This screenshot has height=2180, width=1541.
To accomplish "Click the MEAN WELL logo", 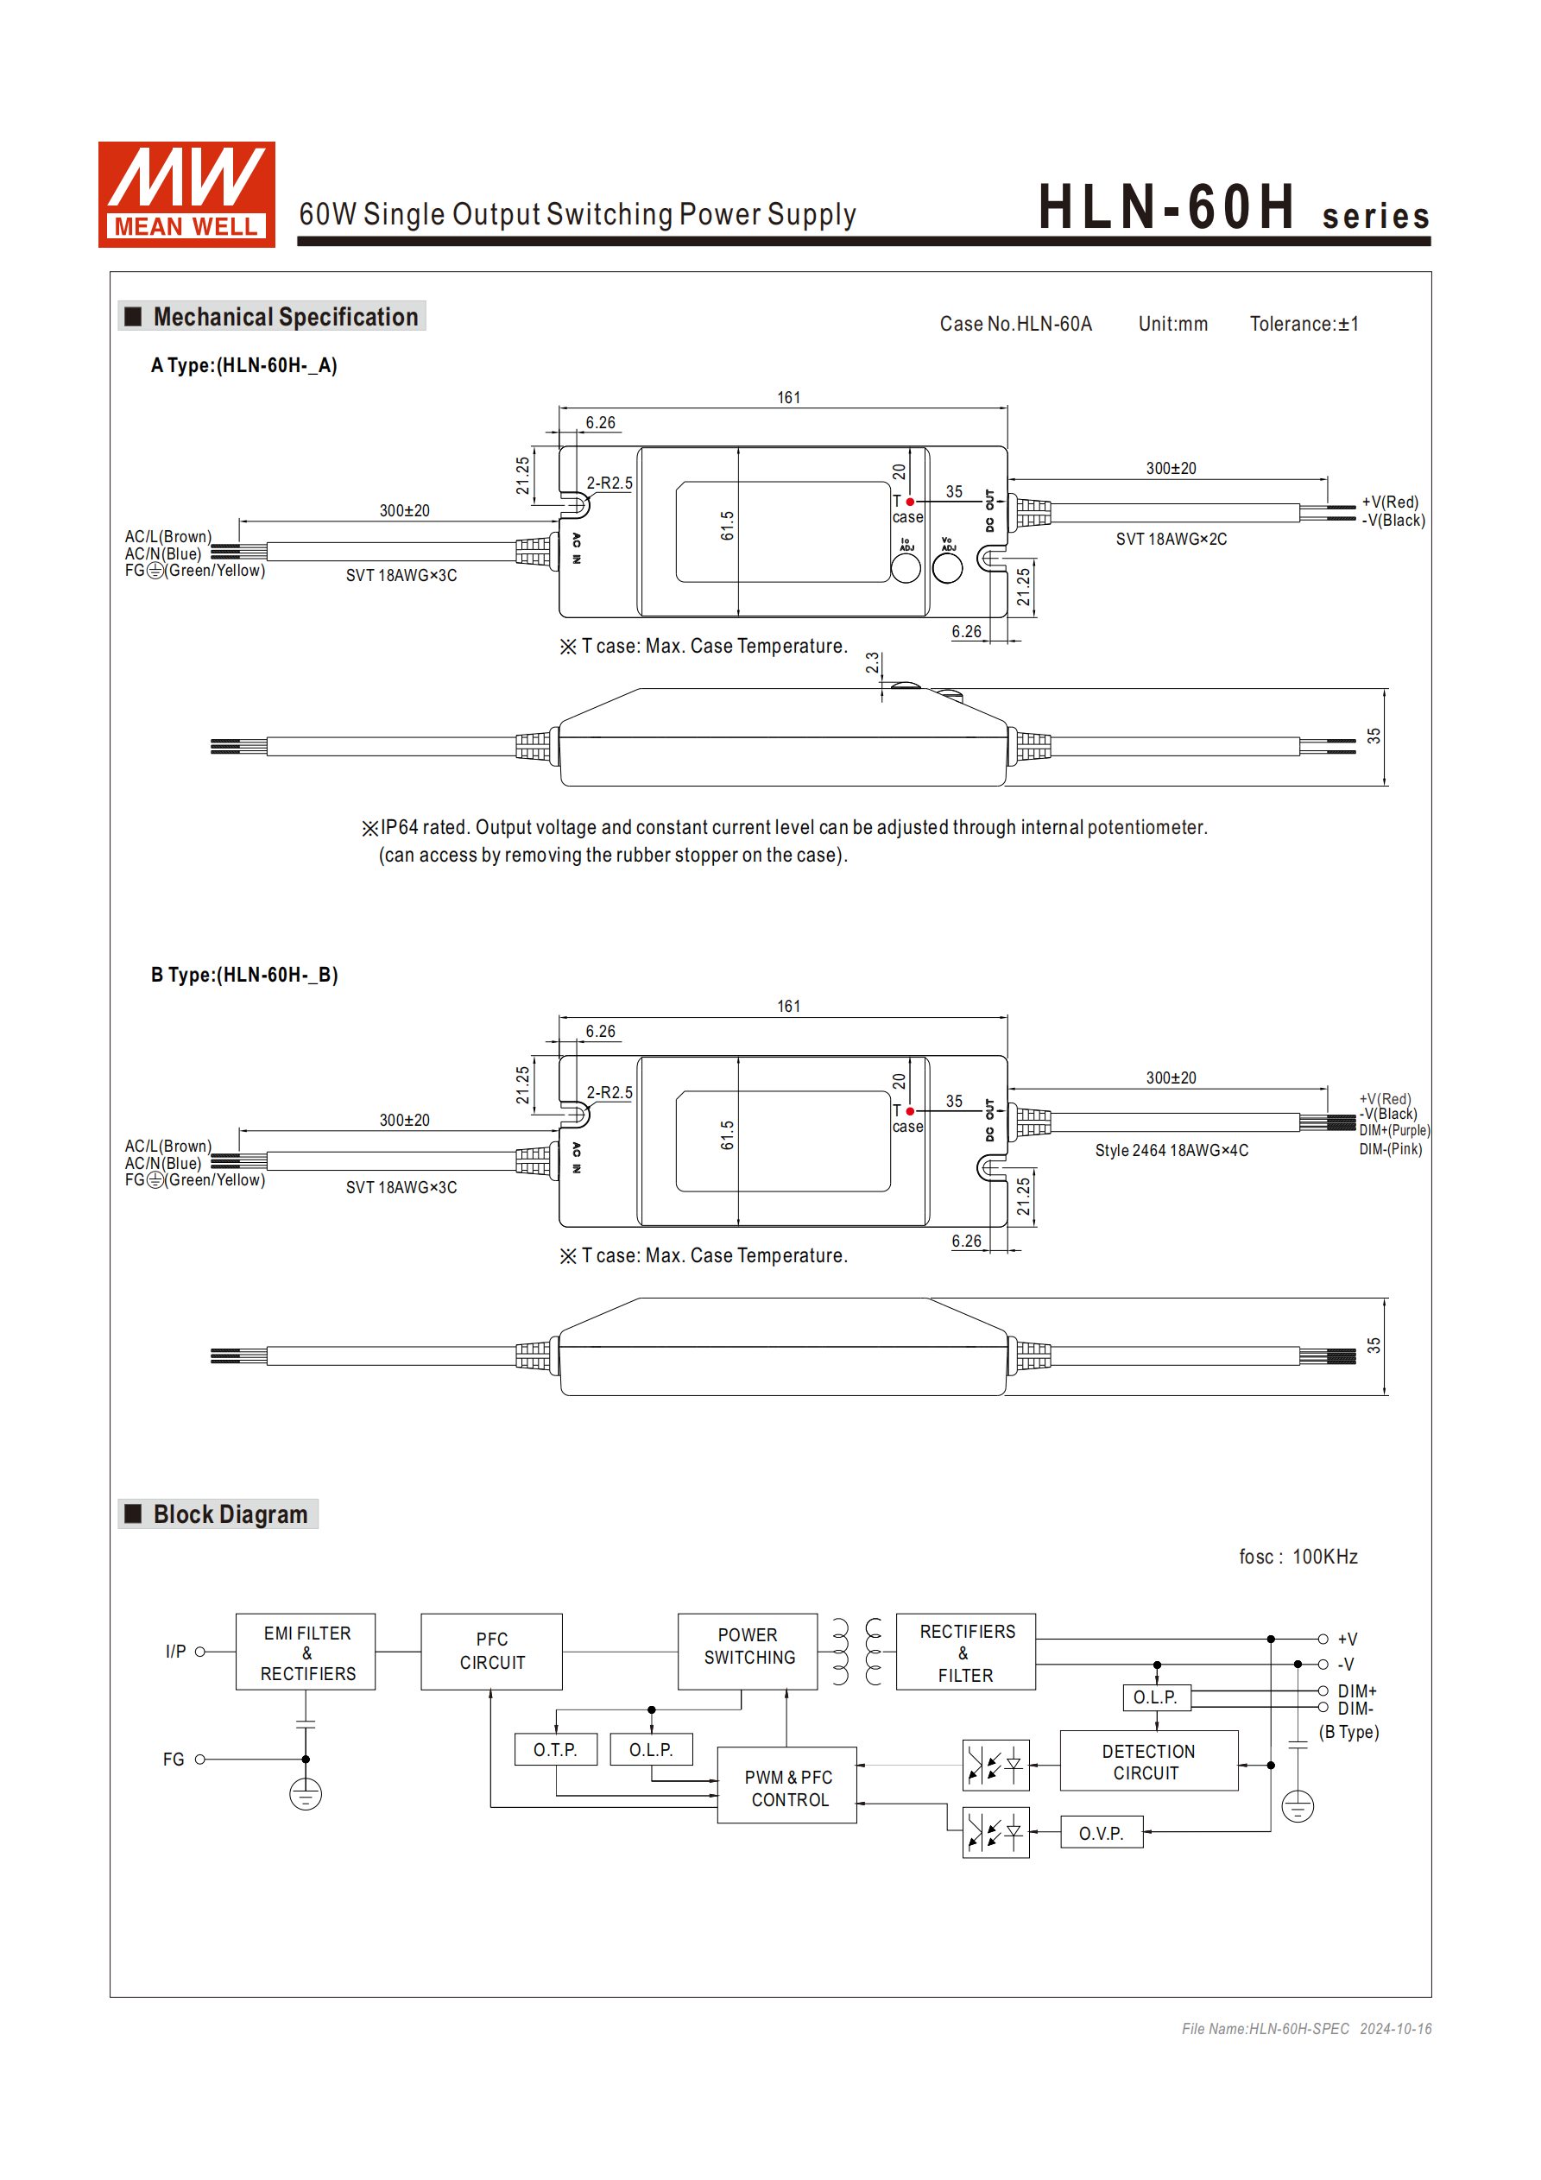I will click(186, 194).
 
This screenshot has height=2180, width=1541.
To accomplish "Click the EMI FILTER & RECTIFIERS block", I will click(306, 1652).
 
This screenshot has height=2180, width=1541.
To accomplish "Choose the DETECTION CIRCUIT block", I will click(1148, 1761).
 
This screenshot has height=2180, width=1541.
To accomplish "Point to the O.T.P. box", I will click(555, 1749).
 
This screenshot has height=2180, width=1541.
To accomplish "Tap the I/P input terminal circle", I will click(200, 1652).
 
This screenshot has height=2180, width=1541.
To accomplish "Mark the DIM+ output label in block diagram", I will click(1357, 1691).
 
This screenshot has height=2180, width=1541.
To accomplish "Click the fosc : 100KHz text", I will click(1298, 1558).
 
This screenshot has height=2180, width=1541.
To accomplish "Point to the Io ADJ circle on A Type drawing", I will click(905, 567).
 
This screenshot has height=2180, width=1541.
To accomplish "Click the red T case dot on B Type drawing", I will click(910, 1111).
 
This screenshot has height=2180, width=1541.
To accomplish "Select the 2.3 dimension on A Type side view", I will click(872, 662).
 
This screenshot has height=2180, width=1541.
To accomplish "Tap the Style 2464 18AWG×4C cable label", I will click(1171, 1150).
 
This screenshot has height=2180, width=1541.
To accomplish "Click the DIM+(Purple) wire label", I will click(1394, 1131).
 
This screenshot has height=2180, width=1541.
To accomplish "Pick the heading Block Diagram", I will click(230, 1514).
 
